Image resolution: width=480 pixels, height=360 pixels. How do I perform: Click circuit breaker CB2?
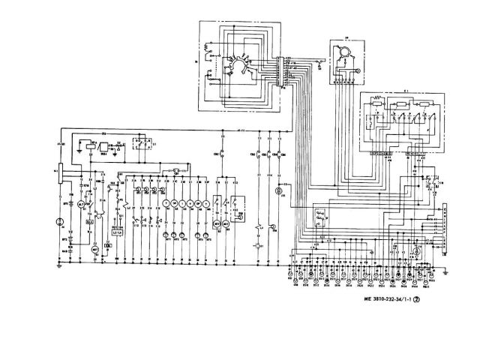[223, 154]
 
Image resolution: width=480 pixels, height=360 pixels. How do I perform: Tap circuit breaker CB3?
[259, 154]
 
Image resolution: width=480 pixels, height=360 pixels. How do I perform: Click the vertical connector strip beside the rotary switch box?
[283, 71]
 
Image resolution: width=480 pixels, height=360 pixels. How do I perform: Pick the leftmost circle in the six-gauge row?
[165, 203]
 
